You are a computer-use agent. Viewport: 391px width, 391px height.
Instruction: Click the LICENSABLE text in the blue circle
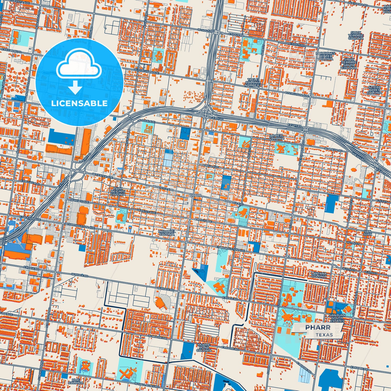point(79,103)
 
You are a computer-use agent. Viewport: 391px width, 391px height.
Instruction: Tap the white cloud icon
point(79,66)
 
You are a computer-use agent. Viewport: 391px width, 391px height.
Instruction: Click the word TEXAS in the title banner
point(324,335)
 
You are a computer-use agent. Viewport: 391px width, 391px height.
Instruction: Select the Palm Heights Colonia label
point(118,191)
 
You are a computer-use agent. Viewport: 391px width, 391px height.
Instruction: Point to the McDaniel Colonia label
point(167,233)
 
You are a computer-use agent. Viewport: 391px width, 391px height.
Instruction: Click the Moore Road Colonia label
point(204,348)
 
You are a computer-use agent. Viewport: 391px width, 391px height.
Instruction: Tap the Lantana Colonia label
point(319,275)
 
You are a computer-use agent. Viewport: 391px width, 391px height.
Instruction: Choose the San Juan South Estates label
point(337,318)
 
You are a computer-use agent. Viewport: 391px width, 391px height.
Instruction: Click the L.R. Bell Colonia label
point(277,137)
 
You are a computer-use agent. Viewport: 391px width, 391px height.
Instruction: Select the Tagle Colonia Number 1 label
point(253,83)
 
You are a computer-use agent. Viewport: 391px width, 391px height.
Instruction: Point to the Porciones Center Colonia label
point(326,56)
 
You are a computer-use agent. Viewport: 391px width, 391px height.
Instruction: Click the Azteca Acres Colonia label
point(374,90)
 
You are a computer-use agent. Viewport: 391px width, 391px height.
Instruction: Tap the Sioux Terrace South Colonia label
point(349,64)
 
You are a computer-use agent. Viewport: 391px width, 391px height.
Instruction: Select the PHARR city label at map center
point(196,195)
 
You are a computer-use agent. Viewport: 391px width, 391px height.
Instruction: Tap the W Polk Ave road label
point(146,121)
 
